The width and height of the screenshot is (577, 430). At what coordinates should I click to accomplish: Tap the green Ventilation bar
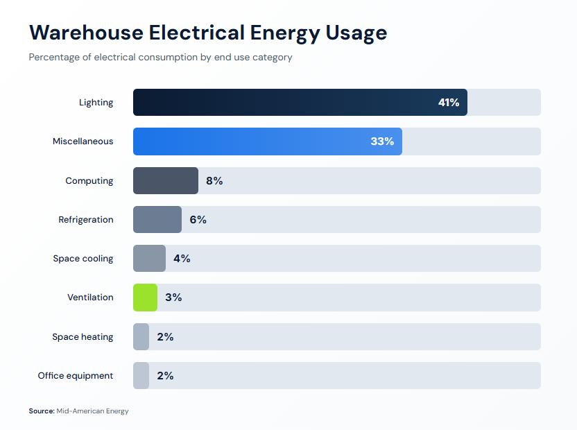point(145,298)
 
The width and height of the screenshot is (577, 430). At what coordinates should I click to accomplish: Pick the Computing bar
point(165,181)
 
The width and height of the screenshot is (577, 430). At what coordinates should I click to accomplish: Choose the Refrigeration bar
point(157,220)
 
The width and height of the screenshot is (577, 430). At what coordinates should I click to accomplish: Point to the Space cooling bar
point(149,259)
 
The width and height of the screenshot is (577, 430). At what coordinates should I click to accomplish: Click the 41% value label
point(449,103)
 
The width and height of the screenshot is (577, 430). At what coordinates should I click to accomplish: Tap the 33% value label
point(382,141)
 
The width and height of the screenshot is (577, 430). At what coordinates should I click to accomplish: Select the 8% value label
point(214,181)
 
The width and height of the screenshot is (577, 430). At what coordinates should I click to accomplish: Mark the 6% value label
point(198,220)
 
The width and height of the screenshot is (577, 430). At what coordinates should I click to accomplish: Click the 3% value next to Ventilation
point(173,298)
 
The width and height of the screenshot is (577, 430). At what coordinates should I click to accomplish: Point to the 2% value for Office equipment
point(165,376)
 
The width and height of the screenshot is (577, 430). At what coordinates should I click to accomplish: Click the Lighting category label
point(96,103)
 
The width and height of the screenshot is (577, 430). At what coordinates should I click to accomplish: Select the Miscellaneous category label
point(83,141)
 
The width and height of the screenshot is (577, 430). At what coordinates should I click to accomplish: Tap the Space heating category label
point(83,337)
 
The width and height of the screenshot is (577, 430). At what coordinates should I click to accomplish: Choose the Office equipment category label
point(76,376)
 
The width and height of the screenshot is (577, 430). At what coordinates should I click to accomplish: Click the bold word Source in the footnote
point(41,411)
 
